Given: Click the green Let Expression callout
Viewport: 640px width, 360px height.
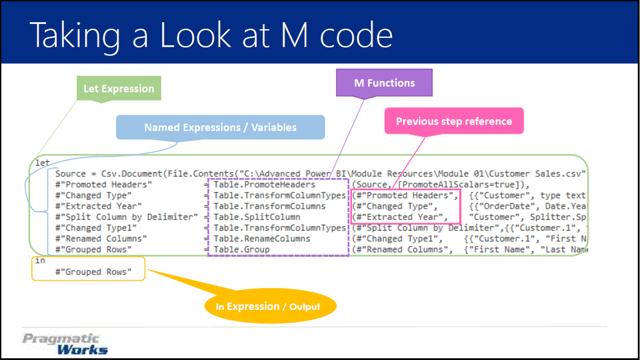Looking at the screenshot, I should click(x=119, y=89).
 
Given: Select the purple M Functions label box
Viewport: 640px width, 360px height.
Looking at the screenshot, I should click(x=383, y=83).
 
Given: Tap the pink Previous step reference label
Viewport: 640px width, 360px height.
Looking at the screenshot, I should click(x=453, y=121).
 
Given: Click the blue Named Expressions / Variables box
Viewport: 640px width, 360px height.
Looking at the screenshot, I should click(x=221, y=127).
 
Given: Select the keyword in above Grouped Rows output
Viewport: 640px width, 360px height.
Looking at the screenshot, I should click(x=39, y=261).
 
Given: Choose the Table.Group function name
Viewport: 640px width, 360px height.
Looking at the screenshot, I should click(x=241, y=249).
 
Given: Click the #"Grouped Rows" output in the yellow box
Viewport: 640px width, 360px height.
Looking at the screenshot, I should click(x=93, y=272).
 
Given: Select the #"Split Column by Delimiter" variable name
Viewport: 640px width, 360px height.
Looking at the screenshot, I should click(x=127, y=217).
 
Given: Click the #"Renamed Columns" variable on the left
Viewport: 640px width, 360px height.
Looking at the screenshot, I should click(x=101, y=238).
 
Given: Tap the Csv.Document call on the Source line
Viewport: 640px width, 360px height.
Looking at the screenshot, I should click(x=125, y=174).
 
